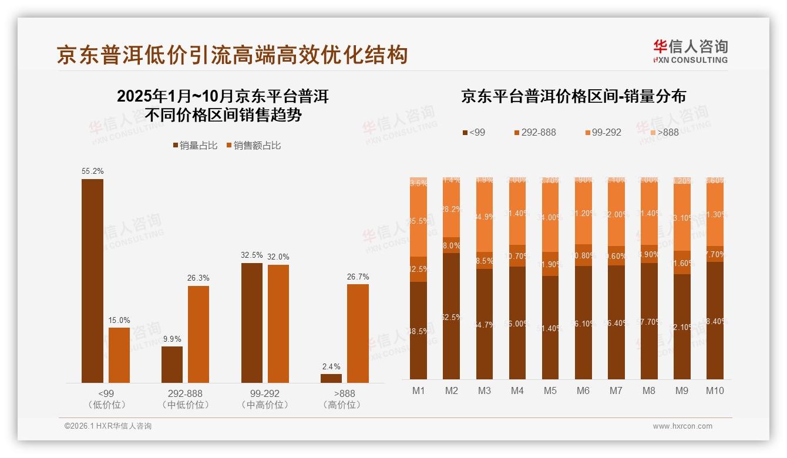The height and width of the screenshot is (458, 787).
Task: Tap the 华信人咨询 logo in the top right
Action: [x=690, y=51]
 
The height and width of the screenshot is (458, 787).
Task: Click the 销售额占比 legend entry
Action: [x=253, y=146]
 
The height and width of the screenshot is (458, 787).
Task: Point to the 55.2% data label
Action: [x=92, y=171]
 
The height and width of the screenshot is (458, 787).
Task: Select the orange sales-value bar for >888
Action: [x=358, y=333]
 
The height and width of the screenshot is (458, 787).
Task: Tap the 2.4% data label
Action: [x=331, y=366]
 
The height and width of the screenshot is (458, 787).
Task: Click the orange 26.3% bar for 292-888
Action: [x=199, y=334]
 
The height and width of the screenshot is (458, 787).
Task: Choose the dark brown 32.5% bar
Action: [x=252, y=322]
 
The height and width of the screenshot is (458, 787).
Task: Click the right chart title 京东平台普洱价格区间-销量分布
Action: [x=573, y=96]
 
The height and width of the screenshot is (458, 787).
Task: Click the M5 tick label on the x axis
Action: [x=550, y=390]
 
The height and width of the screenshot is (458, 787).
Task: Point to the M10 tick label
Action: [x=715, y=390]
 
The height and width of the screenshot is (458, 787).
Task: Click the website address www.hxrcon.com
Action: [x=682, y=426]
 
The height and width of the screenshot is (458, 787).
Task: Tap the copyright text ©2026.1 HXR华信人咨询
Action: [x=108, y=426]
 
